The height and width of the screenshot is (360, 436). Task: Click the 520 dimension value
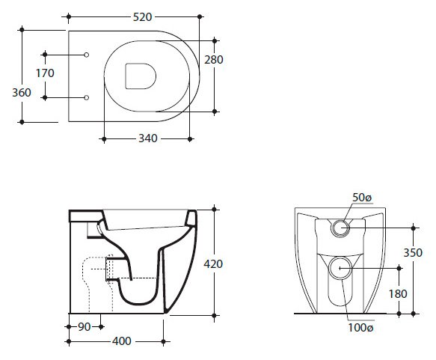click(x=142, y=17)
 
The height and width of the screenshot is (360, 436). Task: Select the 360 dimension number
click(x=22, y=92)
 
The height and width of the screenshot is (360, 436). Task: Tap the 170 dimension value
click(x=45, y=73)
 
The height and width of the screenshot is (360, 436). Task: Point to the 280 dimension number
click(x=214, y=60)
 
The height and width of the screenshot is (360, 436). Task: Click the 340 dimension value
click(x=148, y=138)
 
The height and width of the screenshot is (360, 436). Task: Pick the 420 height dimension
click(x=213, y=263)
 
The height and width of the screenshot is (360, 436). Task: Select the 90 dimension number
click(x=85, y=327)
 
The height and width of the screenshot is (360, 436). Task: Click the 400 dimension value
click(x=122, y=341)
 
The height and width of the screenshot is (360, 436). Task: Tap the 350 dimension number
click(x=413, y=252)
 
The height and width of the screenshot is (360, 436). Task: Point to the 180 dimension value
click(x=398, y=293)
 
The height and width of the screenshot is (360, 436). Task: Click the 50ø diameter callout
click(x=362, y=198)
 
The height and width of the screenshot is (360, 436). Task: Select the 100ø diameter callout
click(x=360, y=328)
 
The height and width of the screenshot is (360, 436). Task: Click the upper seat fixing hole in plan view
click(x=87, y=55)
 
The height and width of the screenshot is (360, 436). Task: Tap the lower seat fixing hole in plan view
click(x=87, y=97)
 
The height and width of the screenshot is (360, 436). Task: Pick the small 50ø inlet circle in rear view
click(x=340, y=228)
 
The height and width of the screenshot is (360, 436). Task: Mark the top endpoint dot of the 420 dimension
click(x=214, y=209)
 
